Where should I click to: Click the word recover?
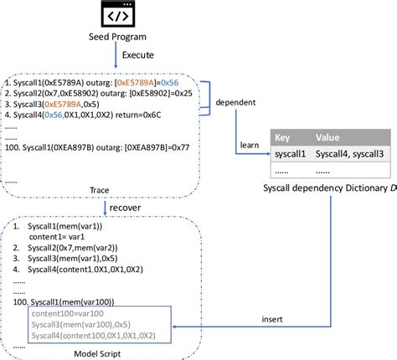pyautogui.click(x=135, y=207)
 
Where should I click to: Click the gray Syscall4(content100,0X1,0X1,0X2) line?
pyautogui.click(x=106, y=336)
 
